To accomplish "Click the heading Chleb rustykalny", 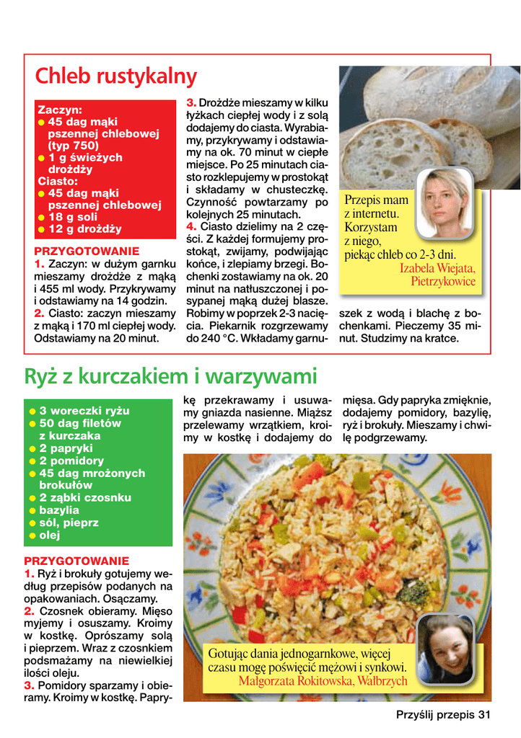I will pyautogui.click(x=116, y=76).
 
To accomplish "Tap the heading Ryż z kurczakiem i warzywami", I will pyautogui.click(x=170, y=375).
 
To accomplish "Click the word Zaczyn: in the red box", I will pyautogui.click(x=60, y=110).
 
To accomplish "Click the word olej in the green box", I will pyautogui.click(x=50, y=535).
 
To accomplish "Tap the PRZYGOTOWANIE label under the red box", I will pyautogui.click(x=87, y=251).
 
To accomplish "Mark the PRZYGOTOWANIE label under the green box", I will pyautogui.click(x=76, y=560).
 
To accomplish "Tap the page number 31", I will pyautogui.click(x=484, y=715).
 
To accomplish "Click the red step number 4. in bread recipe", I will pyautogui.click(x=191, y=226).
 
